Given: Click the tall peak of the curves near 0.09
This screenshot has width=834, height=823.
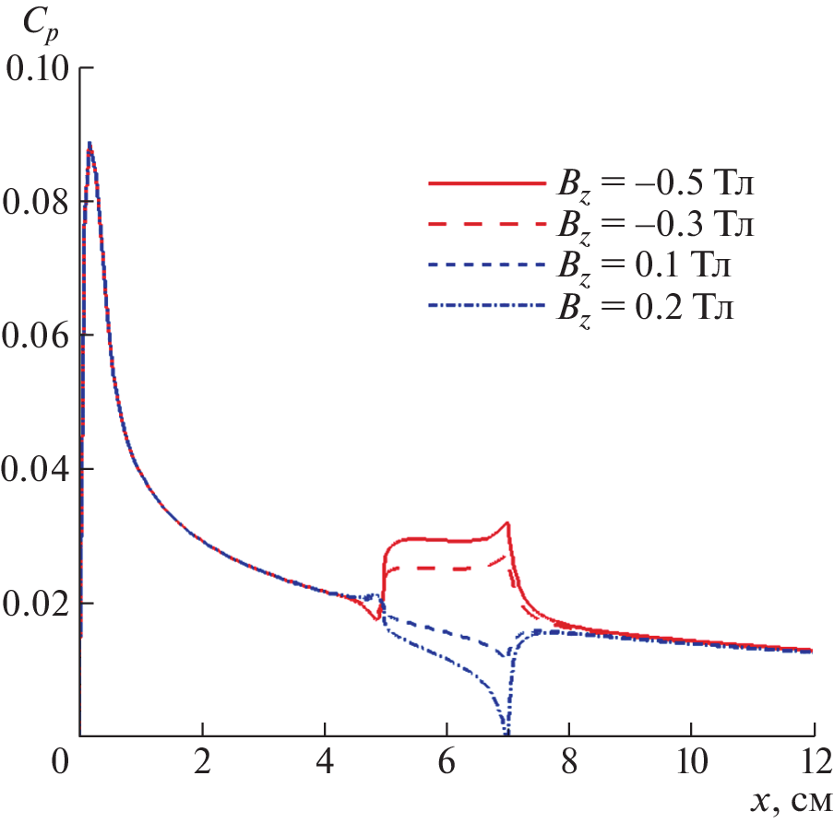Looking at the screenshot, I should click(89, 145).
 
